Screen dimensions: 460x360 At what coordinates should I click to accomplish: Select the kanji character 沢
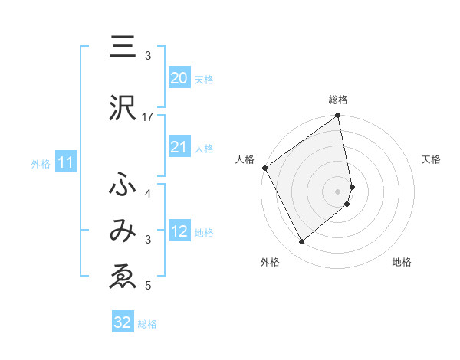pos(122,110)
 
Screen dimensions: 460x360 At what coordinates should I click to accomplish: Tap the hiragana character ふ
pos(122,186)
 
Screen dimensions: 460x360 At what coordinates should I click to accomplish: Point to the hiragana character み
pos(122,232)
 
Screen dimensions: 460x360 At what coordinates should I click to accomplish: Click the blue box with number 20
pos(179,78)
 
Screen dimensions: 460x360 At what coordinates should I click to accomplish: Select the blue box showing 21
pos(179,147)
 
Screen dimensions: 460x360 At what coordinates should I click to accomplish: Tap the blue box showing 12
pos(179,231)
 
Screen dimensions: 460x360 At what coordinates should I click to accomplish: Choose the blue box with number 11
pos(66,162)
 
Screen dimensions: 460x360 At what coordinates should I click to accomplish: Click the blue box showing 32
pos(123,322)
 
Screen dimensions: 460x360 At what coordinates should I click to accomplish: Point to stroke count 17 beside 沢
pos(148,117)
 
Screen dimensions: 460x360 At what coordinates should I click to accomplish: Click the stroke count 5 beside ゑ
pos(148,286)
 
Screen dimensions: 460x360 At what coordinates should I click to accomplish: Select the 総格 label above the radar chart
pos(338,100)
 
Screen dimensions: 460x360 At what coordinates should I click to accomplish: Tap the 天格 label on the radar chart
pos(432,159)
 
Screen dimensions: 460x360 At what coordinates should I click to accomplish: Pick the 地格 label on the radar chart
pos(402,263)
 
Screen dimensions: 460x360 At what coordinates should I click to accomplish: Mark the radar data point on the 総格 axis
pos(338,116)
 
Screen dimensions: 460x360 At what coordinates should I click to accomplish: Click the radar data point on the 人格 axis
pos(264,168)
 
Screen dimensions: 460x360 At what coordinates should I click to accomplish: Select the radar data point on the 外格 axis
pos(301,242)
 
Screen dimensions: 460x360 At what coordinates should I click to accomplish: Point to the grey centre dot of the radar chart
pos(338,191)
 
